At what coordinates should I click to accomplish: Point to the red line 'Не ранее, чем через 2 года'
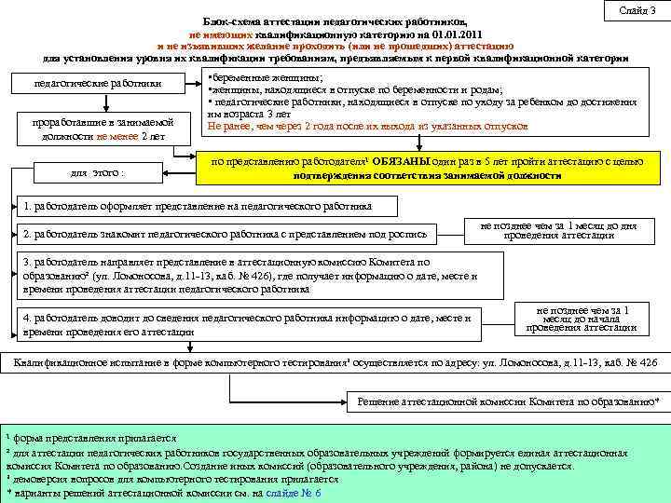pyautogui.click(x=368, y=125)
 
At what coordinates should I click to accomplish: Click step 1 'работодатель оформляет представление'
pyautogui.click(x=200, y=206)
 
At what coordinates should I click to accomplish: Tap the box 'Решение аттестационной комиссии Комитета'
pyautogui.click(x=508, y=401)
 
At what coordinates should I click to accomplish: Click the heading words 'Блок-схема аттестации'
pyautogui.click(x=270, y=20)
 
